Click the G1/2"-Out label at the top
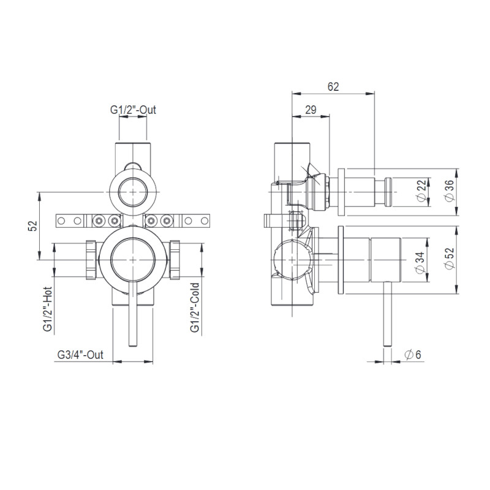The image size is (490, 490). (x=133, y=110)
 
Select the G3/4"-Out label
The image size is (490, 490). (x=80, y=355)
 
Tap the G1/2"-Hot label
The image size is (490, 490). (x=48, y=309)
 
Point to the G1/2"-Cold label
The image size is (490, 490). (x=194, y=307)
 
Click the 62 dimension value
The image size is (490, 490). (x=333, y=86)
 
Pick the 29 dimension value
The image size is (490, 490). (x=311, y=110)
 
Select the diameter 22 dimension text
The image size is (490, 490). (x=421, y=190)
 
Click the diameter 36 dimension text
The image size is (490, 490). (x=449, y=191)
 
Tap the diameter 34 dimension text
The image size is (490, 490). (x=421, y=263)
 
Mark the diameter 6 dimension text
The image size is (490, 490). (x=412, y=355)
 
